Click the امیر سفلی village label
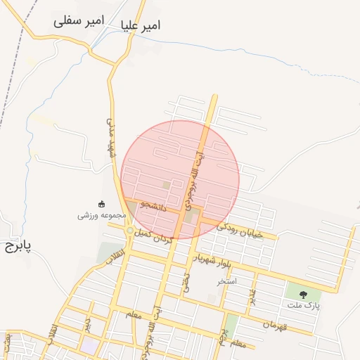(79, 22)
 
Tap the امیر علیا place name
(141, 25)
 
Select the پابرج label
(14, 247)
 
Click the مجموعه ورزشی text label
(101, 215)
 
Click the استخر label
(227, 281)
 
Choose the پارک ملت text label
(304, 306)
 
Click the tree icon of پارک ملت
(303, 295)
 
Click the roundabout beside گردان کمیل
(130, 231)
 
